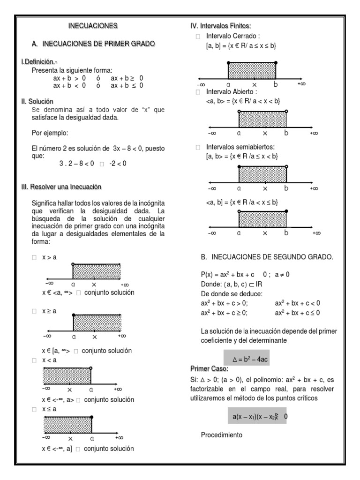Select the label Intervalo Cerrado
click(233, 36)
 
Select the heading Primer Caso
click(209, 368)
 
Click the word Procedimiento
click(222, 435)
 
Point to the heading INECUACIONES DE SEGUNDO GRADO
click(266, 257)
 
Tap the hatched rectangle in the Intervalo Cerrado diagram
click(252, 70)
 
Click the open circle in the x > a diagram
click(73, 264)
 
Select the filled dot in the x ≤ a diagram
click(91, 417)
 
